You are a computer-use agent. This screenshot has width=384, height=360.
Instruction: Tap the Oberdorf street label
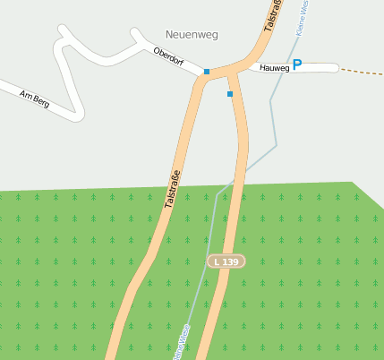coord(168,58)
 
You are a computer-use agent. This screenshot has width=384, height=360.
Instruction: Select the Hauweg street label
coord(274,68)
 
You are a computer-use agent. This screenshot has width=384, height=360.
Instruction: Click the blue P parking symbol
coord(297,64)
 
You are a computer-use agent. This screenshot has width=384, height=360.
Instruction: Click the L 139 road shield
coord(226,261)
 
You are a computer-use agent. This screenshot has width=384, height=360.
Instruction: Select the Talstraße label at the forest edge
coord(173,189)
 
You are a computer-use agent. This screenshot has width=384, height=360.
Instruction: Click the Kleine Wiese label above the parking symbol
coord(303,16)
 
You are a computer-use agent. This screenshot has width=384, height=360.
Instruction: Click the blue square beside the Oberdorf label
coord(207,72)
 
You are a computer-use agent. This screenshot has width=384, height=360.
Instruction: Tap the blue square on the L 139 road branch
coord(230,93)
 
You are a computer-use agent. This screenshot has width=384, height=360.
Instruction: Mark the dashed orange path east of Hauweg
coord(362,71)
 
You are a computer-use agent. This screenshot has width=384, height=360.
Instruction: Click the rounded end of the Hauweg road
coord(336,68)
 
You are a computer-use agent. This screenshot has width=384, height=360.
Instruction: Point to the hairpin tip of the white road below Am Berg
coord(80,115)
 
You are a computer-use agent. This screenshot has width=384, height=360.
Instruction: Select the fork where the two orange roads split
coord(213,75)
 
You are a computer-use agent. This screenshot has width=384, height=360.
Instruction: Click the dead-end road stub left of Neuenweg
coord(136,33)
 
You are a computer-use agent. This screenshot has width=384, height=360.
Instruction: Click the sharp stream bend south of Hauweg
coord(277,144)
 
